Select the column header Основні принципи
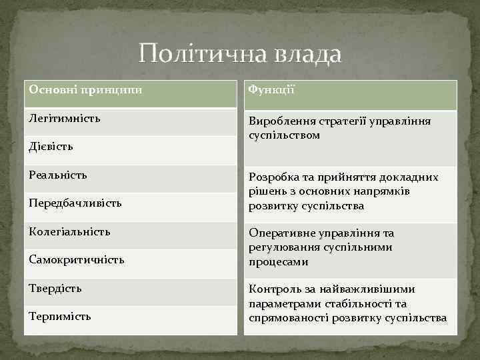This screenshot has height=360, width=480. [x=85, y=89]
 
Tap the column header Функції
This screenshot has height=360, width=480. [x=271, y=89]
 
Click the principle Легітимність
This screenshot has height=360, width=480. [x=65, y=118]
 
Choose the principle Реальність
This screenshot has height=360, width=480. [x=58, y=175]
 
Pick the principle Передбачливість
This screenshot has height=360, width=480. [x=75, y=203]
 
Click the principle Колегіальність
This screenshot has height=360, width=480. [x=70, y=231]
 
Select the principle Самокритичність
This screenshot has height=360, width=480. [x=77, y=259]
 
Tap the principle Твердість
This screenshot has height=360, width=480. [x=55, y=288]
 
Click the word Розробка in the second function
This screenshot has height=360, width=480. [x=273, y=177]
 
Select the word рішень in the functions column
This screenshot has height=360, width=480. [x=265, y=191]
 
